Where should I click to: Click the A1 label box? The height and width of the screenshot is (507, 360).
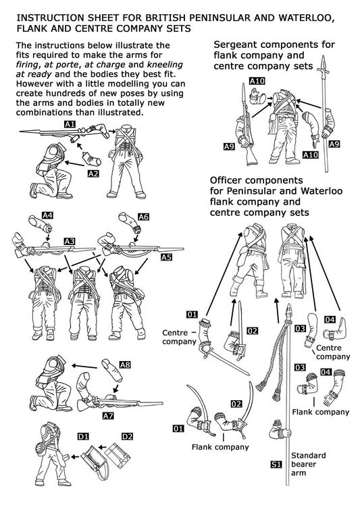[x=70, y=125]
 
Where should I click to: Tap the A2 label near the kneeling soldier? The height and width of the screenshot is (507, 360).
[x=94, y=174]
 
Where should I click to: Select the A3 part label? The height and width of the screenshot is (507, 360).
[x=70, y=241]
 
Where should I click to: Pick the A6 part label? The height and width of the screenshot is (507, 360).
[x=143, y=217]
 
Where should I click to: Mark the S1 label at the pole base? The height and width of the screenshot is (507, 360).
[x=275, y=464]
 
